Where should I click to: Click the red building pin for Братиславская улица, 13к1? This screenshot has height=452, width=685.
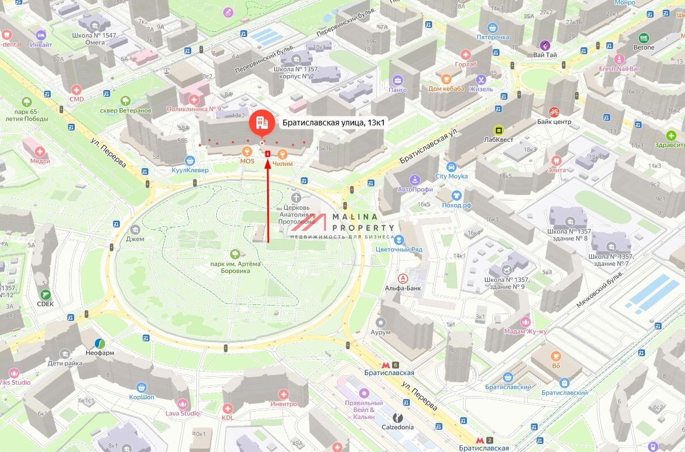tap(261, 122)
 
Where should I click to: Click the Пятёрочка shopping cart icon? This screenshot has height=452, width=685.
tap(493, 27)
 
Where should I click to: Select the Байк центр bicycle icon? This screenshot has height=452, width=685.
tap(554, 112)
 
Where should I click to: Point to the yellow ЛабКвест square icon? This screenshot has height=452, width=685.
tap(498, 130)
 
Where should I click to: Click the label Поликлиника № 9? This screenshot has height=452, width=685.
tap(194, 109)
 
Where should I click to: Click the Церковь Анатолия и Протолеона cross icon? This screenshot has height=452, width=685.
tap(296, 197)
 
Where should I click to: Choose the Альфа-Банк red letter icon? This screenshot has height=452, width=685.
tap(403, 279)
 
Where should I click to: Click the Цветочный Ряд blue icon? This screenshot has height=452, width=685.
tap(399, 240)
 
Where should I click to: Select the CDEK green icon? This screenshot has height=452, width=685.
tap(46, 294)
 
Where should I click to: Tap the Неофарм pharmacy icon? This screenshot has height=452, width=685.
tap(100, 343)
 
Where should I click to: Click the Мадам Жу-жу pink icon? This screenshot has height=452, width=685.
tap(526, 321)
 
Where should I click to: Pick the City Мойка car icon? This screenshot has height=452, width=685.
tap(451, 167)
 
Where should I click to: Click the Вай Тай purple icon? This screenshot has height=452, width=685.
tap(545, 45)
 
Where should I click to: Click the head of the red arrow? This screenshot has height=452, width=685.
tap(268, 155)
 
